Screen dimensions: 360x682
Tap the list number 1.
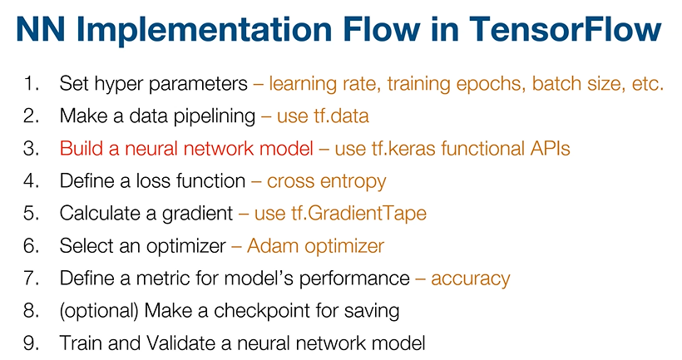click(x=32, y=84)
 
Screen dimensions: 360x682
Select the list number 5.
click(x=32, y=214)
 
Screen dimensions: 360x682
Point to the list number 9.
click(x=32, y=343)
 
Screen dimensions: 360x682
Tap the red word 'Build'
click(x=79, y=149)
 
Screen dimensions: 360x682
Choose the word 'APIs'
click(x=545, y=149)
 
